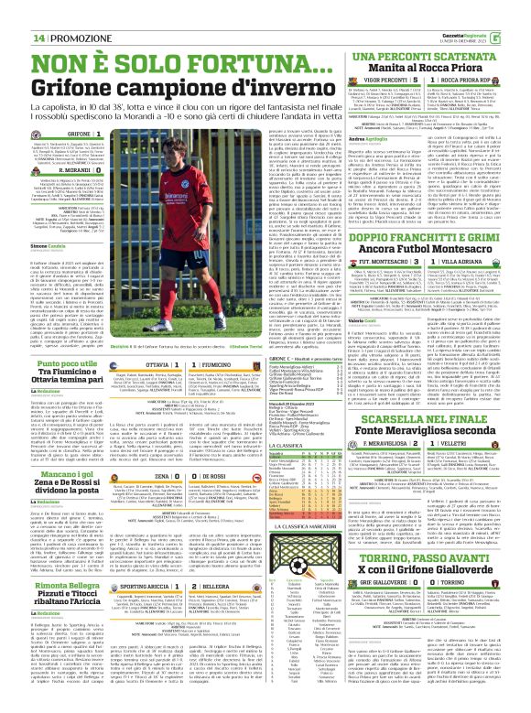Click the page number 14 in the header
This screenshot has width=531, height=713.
point(38,13)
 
